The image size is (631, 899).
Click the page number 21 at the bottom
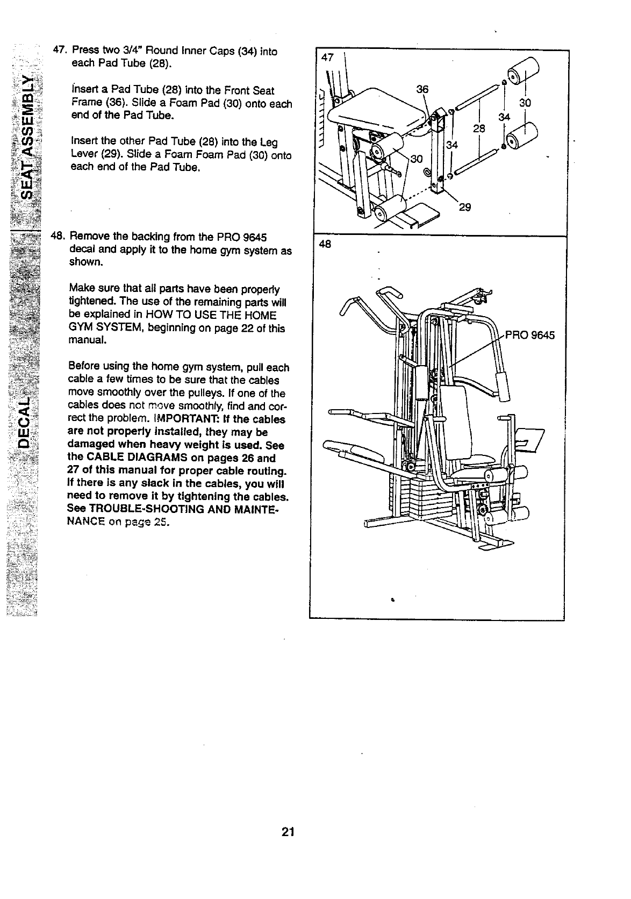click(288, 832)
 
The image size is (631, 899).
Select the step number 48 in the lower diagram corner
click(325, 245)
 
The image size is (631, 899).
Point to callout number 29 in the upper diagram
click(465, 208)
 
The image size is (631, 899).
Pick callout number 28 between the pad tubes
click(479, 129)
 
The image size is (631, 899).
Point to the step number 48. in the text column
click(58, 237)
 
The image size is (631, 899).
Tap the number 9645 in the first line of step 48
click(255, 237)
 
